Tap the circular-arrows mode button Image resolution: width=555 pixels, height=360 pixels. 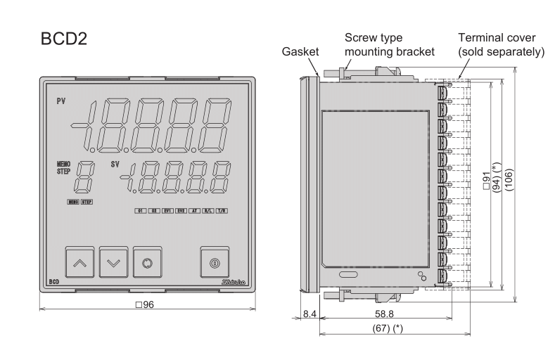[147, 262]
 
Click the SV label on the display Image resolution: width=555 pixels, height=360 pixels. [115, 165]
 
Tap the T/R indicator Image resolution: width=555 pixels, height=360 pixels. [221, 210]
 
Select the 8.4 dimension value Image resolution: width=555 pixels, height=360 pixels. [307, 314]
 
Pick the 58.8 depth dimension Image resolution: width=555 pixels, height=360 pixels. [383, 314]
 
